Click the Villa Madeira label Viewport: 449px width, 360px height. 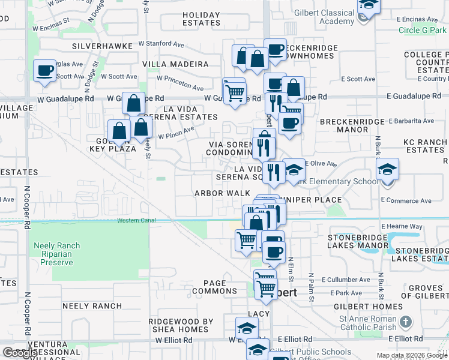175,64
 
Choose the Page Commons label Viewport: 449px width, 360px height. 215,287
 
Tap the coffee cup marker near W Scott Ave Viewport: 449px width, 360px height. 45,71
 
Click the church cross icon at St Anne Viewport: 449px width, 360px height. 406,323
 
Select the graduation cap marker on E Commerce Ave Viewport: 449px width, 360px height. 387,169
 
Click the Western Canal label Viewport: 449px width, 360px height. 136,220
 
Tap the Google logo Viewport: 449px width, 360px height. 20,353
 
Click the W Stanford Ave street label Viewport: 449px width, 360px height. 161,44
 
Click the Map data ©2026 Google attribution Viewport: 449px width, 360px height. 411,355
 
